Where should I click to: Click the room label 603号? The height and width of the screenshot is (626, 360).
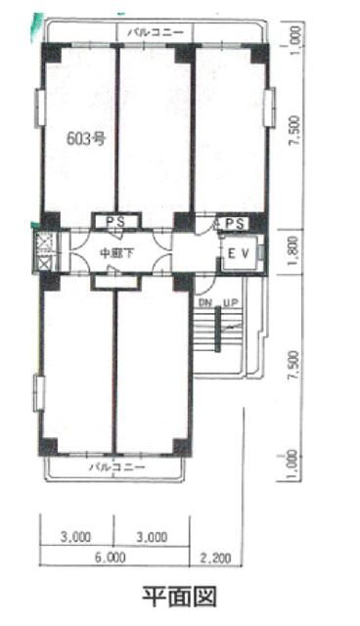coord(85,139)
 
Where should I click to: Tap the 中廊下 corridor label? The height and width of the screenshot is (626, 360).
coord(116,253)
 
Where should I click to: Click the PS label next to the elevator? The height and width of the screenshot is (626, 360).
coord(232,224)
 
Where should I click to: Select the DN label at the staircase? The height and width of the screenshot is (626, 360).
coord(204,304)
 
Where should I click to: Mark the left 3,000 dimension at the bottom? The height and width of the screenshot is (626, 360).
coord(75,536)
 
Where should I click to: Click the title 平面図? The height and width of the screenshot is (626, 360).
coord(179,595)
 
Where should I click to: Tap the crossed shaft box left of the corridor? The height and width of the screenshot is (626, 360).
coord(43,252)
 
